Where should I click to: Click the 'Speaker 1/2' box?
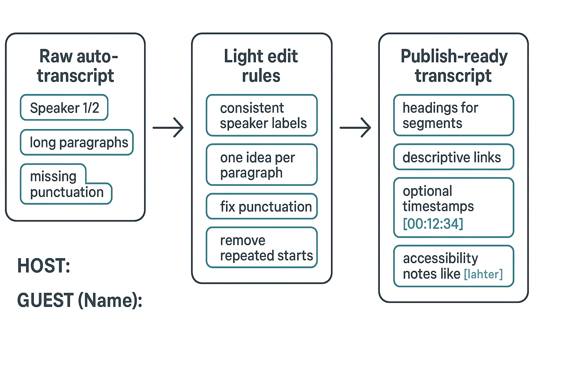[64, 108]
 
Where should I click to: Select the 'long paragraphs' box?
[77, 143]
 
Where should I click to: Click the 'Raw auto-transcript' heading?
[76, 66]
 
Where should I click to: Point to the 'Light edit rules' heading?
[261, 66]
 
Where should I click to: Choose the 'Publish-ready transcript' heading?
[454, 66]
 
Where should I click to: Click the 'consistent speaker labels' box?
[261, 116]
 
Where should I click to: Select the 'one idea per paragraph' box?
[261, 165]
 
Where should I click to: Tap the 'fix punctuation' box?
[261, 207]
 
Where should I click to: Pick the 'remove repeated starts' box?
[261, 248]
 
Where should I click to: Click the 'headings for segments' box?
[454, 116]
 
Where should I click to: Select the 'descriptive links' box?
[454, 157]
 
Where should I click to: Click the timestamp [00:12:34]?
[433, 224]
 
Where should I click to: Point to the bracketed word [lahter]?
[483, 275]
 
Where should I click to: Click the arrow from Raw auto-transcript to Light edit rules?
[168, 128]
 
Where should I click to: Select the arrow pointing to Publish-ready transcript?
[355, 128]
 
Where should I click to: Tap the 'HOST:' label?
[44, 266]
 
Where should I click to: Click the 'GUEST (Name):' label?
[80, 300]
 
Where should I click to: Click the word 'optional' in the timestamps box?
[428, 191]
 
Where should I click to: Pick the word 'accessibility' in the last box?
[441, 258]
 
